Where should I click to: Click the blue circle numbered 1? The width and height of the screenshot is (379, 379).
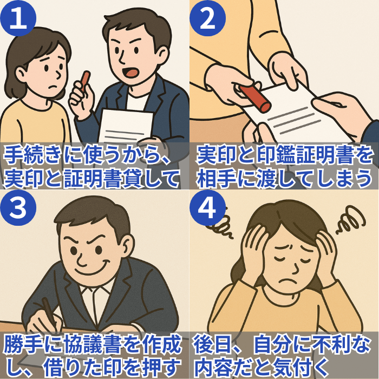point(18,18)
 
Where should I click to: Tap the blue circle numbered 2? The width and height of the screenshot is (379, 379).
point(207,18)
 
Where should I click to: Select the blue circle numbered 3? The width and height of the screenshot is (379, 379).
point(18,207)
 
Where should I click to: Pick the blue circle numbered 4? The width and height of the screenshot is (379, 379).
point(207,207)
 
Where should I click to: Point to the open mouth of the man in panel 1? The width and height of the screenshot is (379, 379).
point(130,71)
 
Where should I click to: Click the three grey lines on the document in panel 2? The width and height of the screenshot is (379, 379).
point(294,120)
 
